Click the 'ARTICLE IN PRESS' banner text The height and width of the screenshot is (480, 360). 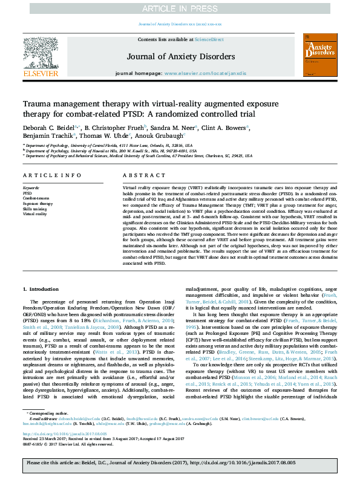(x=180, y=8)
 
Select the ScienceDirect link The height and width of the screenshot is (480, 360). (x=209, y=39)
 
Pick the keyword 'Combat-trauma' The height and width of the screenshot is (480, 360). (x=36, y=198)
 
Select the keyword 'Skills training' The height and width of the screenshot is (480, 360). (x=35, y=209)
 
